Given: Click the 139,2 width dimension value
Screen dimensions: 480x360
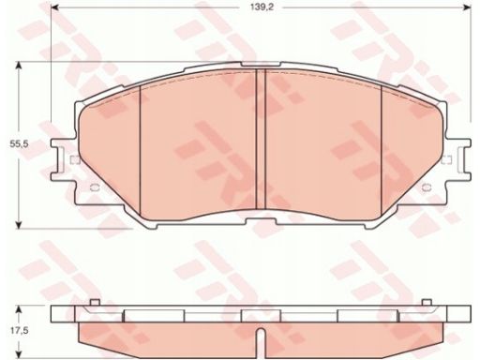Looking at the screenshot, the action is [262, 7].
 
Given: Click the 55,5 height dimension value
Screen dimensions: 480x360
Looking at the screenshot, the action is [20, 144].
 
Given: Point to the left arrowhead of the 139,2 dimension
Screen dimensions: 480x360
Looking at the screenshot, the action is [55, 7].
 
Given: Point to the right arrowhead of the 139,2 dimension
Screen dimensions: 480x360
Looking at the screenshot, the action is [467, 7].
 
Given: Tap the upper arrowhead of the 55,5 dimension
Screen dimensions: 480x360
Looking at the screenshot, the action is [20, 66].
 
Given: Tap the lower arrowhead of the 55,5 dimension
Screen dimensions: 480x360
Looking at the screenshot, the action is [20, 224].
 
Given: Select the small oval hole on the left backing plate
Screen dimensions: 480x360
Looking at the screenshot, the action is [95, 187].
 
